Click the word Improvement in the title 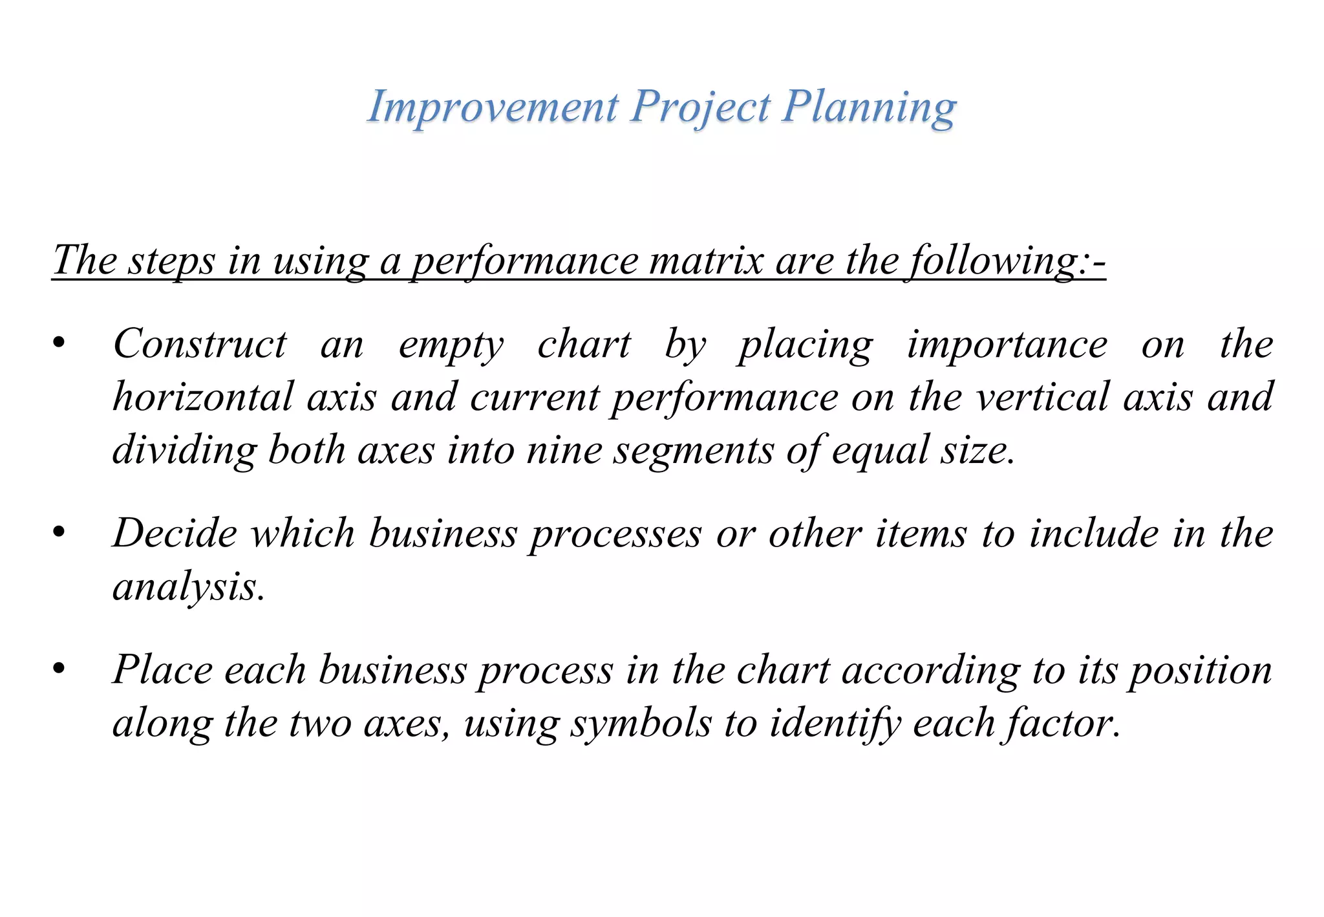click(493, 107)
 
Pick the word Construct click(200, 344)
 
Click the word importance click(1007, 345)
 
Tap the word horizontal click(203, 397)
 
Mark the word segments click(693, 451)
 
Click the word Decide click(175, 534)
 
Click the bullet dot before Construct click(59, 344)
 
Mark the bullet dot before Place click(59, 669)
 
